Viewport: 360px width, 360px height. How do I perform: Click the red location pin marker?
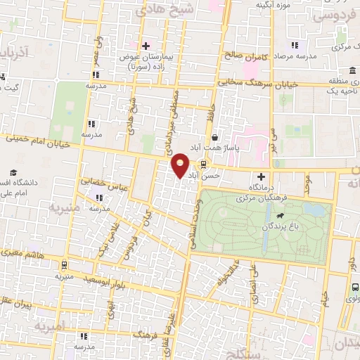(181, 165)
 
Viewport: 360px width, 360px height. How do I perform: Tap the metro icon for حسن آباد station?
(204, 165)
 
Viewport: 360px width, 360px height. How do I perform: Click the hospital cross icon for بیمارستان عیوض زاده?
(145, 45)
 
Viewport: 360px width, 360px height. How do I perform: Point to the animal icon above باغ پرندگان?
(281, 217)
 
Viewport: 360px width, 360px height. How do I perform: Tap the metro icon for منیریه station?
(65, 266)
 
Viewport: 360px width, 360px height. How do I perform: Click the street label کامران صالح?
(243, 55)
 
